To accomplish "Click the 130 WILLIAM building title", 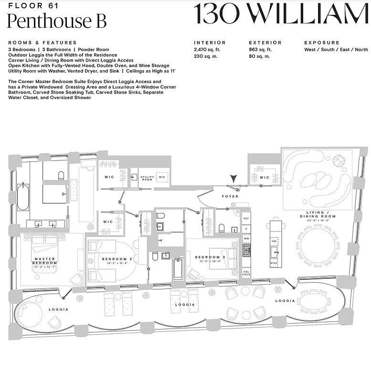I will coord(281,14).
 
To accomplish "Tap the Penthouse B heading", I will coord(57,21).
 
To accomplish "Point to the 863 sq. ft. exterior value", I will coord(260,50).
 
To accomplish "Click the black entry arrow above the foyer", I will coord(233,178).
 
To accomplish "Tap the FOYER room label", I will coord(230,196).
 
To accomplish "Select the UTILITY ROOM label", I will coord(147,178).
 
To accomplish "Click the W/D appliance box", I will coord(161,178).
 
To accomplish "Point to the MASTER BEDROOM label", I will coord(44,261).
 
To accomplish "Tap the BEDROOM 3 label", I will coord(207,258).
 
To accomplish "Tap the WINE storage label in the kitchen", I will coord(274,263).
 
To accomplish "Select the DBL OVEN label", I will coord(246,272).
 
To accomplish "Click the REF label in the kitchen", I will coord(246,218).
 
